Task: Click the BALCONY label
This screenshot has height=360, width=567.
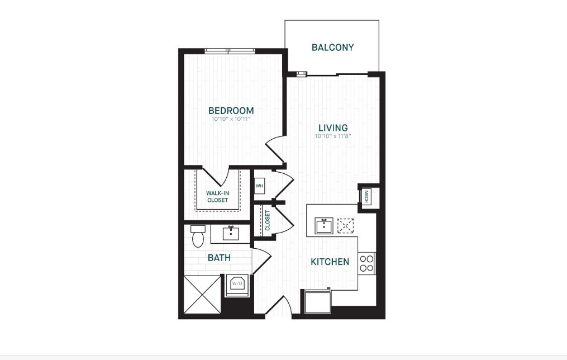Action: click(x=332, y=48)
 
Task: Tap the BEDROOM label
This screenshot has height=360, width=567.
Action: click(x=231, y=111)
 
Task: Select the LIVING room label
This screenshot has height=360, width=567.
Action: click(x=332, y=128)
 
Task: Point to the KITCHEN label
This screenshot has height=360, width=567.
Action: click(x=330, y=262)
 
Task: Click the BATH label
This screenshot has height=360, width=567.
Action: click(x=219, y=258)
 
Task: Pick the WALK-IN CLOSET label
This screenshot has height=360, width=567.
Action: click(x=217, y=196)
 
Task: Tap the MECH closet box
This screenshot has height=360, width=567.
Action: click(x=366, y=196)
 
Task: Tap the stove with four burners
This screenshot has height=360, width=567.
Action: click(x=366, y=263)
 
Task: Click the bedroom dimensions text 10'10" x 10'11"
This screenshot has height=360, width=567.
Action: click(x=231, y=119)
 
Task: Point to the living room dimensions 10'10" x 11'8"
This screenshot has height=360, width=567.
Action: click(x=332, y=136)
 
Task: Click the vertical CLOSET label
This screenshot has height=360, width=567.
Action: click(x=267, y=220)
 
